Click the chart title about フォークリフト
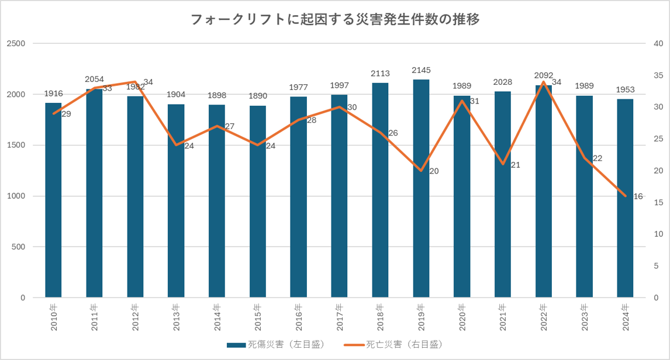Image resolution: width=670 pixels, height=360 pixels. click(335, 20)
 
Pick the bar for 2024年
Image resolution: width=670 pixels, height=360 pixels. click(625, 198)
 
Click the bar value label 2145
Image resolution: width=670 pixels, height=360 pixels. click(421, 71)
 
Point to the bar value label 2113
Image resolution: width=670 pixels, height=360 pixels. click(380, 74)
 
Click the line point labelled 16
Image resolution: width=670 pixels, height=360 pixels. click(625, 196)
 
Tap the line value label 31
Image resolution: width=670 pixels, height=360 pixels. click(474, 101)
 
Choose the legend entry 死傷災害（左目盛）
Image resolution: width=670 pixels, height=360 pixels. click(275, 345)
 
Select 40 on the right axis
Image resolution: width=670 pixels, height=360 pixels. click(658, 44)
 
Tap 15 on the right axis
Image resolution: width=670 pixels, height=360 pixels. click(658, 203)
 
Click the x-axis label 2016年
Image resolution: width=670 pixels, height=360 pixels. click(298, 317)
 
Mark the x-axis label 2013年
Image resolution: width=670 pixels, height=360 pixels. click(176, 317)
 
